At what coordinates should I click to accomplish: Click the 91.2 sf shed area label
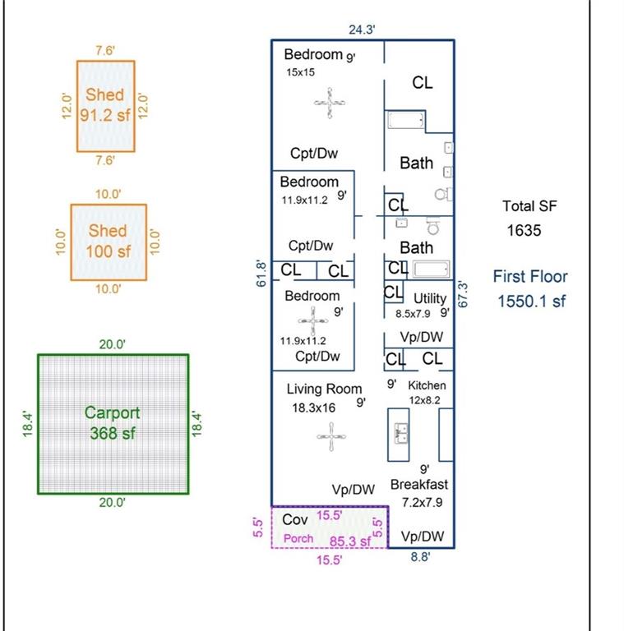click(x=105, y=116)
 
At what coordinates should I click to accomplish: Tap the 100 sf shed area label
click(x=108, y=251)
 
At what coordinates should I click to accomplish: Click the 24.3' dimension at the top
click(x=362, y=30)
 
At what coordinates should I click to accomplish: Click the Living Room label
click(x=324, y=389)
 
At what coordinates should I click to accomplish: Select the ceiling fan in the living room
click(x=331, y=436)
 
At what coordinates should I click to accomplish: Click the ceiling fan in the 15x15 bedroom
click(x=330, y=104)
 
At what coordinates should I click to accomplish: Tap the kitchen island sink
click(x=402, y=432)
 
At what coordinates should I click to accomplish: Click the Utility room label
click(x=430, y=297)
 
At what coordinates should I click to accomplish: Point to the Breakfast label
click(x=419, y=485)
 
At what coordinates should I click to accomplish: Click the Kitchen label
click(x=428, y=385)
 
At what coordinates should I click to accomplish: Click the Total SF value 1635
click(x=524, y=231)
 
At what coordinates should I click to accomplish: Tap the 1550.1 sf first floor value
click(x=532, y=302)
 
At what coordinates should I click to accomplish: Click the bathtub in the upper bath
click(x=405, y=122)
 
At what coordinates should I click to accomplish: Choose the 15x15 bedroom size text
click(x=301, y=72)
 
